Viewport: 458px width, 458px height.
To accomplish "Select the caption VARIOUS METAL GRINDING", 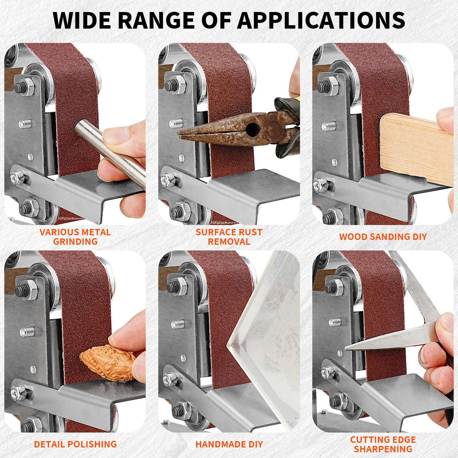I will point(75,237).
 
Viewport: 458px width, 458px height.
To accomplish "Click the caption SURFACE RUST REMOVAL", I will point(229,237).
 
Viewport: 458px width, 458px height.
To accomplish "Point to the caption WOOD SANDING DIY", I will point(383,237).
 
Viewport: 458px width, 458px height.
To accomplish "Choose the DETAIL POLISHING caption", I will point(75,444).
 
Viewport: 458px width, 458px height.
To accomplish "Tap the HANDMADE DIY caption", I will point(229,444).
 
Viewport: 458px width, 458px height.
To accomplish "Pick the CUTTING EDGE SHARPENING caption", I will point(383,444).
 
